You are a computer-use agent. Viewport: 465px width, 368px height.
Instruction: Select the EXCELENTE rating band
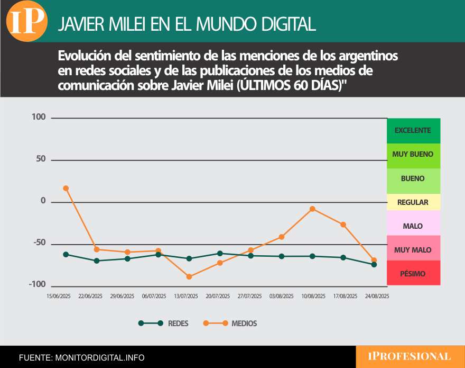pyautogui.click(x=413, y=130)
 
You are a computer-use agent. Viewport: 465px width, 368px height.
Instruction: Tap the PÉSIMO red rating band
pyautogui.click(x=413, y=273)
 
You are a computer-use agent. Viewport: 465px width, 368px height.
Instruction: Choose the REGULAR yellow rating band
pyautogui.click(x=413, y=202)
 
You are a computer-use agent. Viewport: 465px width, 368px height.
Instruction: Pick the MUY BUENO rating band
pyautogui.click(x=413, y=155)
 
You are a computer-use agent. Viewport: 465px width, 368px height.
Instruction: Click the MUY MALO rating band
pyautogui.click(x=413, y=249)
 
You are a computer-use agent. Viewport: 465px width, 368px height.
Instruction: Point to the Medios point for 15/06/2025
pyautogui.click(x=66, y=188)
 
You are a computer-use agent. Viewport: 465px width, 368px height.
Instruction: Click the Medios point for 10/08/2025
pyautogui.click(x=312, y=209)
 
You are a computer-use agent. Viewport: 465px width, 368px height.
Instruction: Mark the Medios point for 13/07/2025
pyautogui.click(x=189, y=276)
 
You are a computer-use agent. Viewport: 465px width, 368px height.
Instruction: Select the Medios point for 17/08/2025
pyautogui.click(x=343, y=225)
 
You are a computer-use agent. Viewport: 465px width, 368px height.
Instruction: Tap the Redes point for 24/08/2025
pyautogui.click(x=374, y=264)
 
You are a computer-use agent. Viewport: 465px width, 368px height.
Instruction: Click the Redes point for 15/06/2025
pyautogui.click(x=66, y=254)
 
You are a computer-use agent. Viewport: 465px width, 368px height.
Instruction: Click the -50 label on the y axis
pyautogui.click(x=39, y=244)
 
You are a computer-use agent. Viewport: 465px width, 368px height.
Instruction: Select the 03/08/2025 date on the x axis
pyautogui.click(x=281, y=297)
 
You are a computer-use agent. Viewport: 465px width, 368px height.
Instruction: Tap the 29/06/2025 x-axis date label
pyautogui.click(x=122, y=297)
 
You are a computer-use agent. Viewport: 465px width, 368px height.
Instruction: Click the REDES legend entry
pyautogui.click(x=163, y=323)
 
